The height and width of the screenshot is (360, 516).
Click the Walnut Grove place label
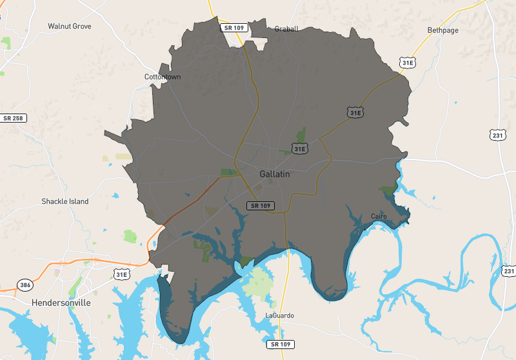click(x=70, y=26)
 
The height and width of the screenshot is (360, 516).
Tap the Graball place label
click(x=285, y=29)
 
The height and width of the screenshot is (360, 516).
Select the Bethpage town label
click(x=442, y=30)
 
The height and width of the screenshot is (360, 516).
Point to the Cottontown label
click(x=163, y=77)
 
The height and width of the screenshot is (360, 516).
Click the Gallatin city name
click(x=275, y=174)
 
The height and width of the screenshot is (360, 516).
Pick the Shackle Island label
click(x=65, y=201)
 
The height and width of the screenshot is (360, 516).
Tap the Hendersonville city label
click(x=61, y=302)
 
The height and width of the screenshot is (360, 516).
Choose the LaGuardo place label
click(x=279, y=315)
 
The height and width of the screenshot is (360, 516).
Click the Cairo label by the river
click(x=379, y=216)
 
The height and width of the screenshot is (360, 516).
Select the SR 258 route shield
click(x=13, y=118)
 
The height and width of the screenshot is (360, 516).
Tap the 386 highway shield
click(x=25, y=285)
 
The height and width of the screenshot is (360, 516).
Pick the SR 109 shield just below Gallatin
click(x=261, y=206)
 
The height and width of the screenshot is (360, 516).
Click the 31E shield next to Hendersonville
click(x=121, y=274)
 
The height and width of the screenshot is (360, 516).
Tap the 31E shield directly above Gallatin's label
click(x=299, y=149)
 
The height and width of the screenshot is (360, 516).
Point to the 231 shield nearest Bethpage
click(x=497, y=135)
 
